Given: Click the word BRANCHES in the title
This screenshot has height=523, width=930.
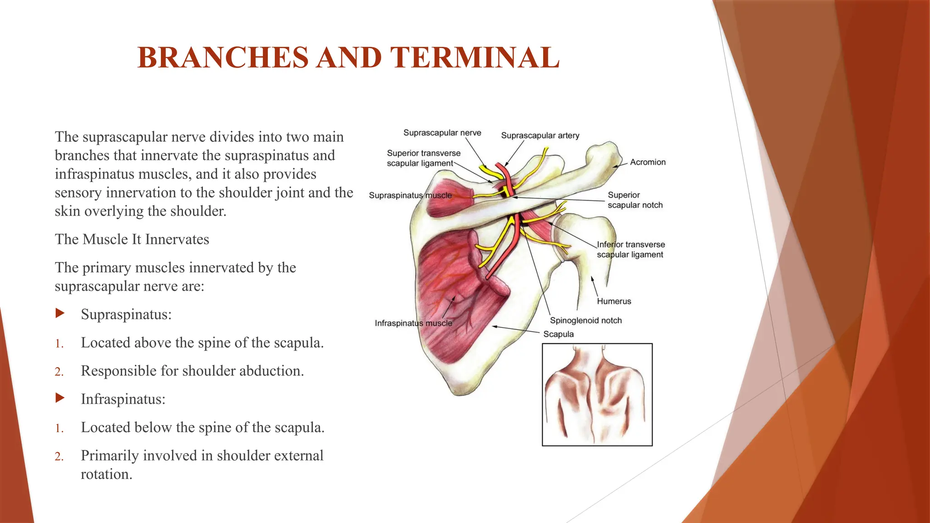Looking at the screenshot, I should tap(223, 58).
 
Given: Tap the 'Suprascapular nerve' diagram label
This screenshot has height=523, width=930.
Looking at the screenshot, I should tap(442, 133).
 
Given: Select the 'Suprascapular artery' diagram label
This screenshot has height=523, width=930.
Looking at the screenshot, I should tap(540, 135).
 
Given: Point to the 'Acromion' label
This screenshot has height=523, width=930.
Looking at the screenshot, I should tap(648, 162).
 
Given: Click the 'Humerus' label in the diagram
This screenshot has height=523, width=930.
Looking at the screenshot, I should tap(614, 301).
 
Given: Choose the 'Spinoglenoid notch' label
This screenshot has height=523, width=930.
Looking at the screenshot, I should tap(586, 320).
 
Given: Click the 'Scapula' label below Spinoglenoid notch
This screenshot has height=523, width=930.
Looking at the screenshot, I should tap(559, 334).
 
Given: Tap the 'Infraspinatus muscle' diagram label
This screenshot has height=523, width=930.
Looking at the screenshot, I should tap(413, 323).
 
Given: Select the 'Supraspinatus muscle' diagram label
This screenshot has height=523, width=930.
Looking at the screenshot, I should tap(410, 195).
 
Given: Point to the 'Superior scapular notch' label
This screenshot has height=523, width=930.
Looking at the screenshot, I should tap(635, 200).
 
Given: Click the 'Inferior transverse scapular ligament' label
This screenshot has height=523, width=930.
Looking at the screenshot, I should tap(630, 250).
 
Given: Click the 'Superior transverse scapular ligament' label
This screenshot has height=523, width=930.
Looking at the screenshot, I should tap(423, 158).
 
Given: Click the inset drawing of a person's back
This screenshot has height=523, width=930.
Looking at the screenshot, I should tap(597, 395).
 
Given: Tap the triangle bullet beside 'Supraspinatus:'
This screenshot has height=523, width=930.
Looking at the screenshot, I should tap(60, 313).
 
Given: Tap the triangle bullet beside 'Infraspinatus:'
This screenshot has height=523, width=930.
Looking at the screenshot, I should tap(60, 398).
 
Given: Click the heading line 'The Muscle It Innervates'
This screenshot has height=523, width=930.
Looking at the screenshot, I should tap(132, 239).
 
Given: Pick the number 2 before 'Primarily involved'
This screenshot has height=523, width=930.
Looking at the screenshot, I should tap(59, 456).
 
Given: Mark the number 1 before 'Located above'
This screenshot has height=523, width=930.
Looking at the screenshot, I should tap(59, 344).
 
